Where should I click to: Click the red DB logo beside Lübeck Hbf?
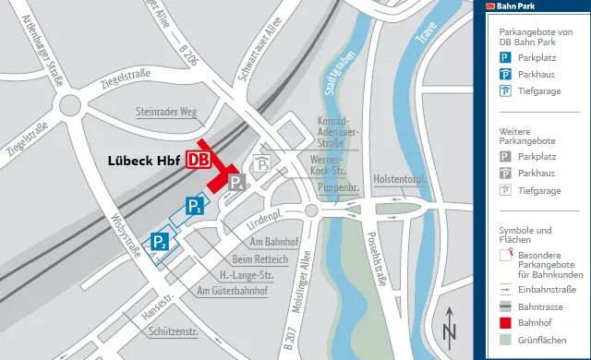pos(198,160)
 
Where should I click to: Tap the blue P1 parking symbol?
pos(194,206)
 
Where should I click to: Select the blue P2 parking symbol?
pos(160,242)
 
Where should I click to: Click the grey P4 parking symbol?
pos(236,182)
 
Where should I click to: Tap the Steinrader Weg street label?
pos(167,113)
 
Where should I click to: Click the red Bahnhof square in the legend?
pos(505,322)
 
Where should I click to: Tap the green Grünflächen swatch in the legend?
pos(505,342)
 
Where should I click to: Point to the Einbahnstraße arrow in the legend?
pos(505,288)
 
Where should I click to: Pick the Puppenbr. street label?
pos(339,186)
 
